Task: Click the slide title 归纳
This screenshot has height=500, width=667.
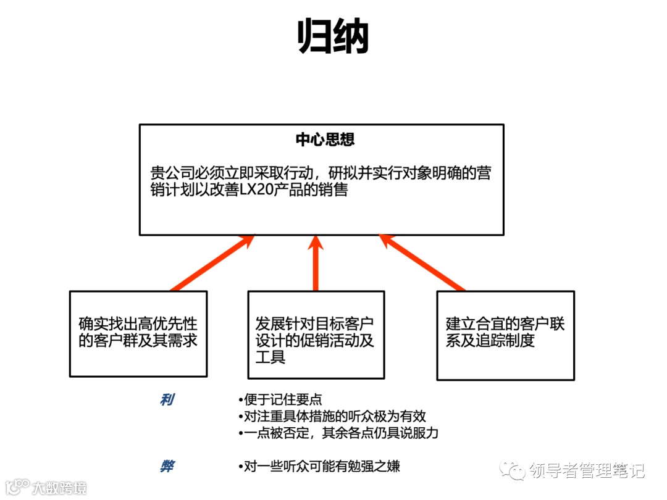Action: pyautogui.click(x=333, y=36)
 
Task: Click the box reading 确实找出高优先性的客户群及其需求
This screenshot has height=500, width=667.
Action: pyautogui.click(x=138, y=334)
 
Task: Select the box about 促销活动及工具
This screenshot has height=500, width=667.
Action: pyautogui.click(x=316, y=334)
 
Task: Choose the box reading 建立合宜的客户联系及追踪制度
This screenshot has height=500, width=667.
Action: pyautogui.click(x=505, y=334)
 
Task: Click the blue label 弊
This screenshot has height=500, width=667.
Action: pyautogui.click(x=167, y=466)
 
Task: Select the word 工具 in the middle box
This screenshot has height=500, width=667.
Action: pyautogui.click(x=271, y=357)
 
